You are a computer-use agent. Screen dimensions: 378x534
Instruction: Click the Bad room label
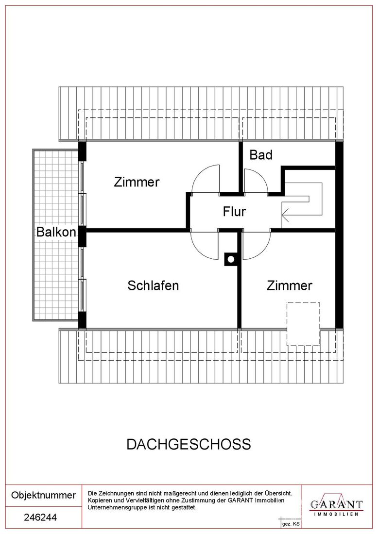261,155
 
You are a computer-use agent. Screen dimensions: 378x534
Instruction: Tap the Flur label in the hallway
234,212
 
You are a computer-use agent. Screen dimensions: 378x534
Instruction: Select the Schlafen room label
153,285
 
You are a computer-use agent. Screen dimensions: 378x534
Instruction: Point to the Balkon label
56,232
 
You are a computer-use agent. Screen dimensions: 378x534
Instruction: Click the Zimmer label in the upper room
137,182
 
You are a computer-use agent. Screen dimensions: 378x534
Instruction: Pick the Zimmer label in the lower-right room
289,285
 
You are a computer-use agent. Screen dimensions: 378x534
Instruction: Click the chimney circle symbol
231,260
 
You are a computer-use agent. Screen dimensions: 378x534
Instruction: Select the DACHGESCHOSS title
189,444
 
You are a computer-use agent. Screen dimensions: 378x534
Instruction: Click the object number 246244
40,517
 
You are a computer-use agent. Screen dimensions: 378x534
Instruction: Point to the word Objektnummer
43,495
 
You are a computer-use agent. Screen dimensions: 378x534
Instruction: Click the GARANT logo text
336,504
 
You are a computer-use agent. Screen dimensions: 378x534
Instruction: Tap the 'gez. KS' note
291,524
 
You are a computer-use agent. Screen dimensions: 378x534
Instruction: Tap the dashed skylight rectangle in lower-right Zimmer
303,324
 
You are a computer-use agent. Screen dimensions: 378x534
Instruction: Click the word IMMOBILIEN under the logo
336,514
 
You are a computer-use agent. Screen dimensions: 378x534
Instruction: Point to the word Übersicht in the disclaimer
278,493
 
